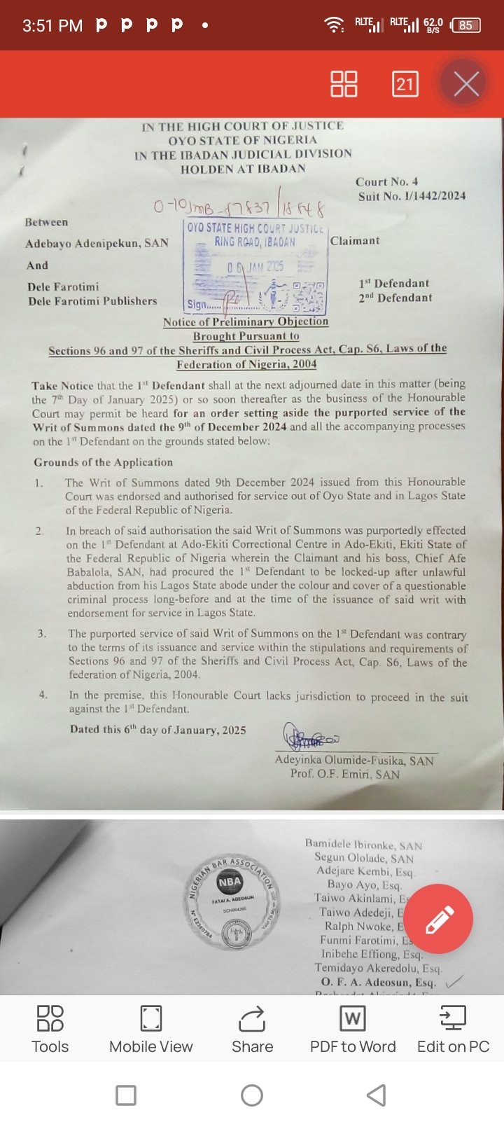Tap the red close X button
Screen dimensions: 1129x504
(465, 84)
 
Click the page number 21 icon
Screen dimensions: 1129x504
(405, 84)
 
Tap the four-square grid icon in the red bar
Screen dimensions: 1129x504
(344, 84)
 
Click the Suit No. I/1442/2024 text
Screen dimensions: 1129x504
(412, 196)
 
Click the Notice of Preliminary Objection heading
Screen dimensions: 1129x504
(246, 321)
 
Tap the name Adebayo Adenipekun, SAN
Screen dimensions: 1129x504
(97, 244)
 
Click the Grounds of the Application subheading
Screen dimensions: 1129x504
(104, 462)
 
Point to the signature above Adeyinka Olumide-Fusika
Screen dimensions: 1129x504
(311, 737)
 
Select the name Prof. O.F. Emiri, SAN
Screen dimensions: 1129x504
(345, 774)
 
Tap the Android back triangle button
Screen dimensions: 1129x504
(377, 1095)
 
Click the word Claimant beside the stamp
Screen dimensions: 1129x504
(355, 241)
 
